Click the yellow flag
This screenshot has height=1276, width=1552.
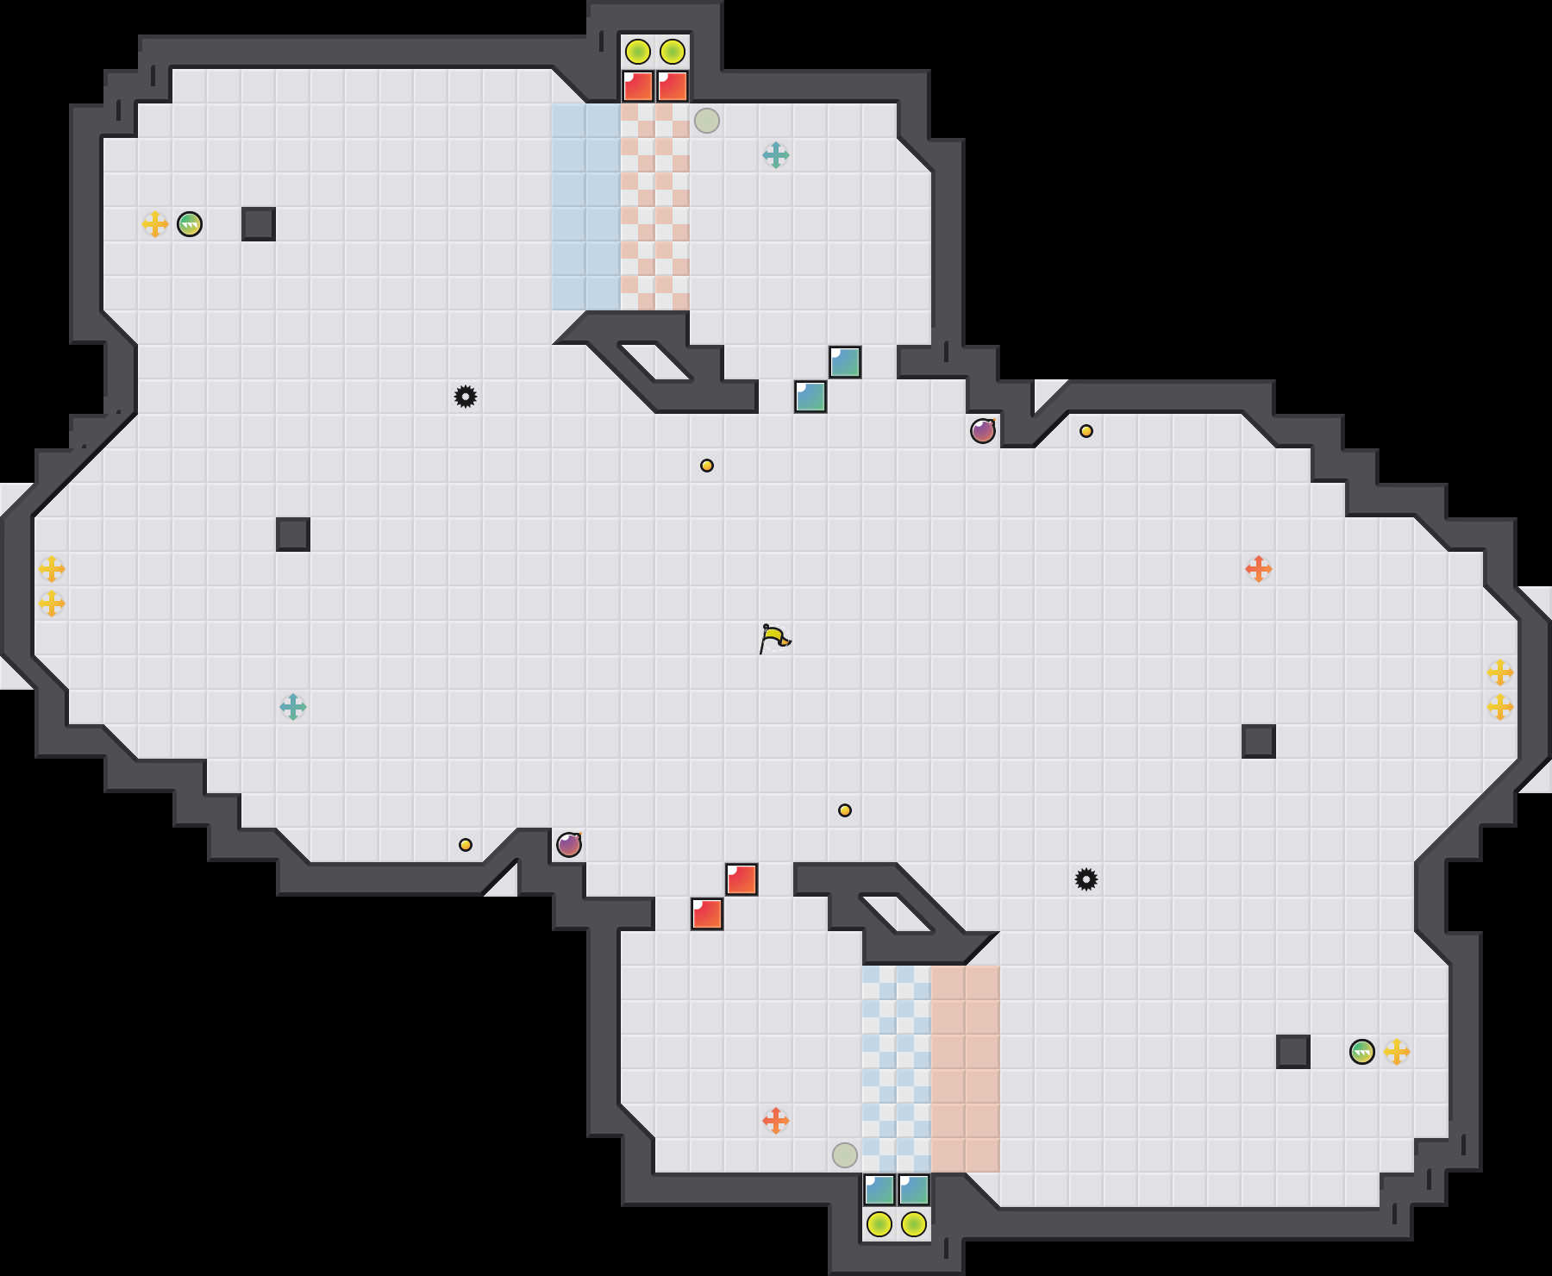coord(773,638)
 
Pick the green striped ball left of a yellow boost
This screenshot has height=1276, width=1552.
coord(1362,1052)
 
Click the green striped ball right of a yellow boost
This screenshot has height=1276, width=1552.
coord(190,224)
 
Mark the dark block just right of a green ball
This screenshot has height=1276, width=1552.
coord(259,224)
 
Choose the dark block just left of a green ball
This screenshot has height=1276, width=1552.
coord(1293,1052)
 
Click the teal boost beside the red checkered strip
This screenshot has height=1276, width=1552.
coord(776,155)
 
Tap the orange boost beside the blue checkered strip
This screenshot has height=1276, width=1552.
coord(776,1121)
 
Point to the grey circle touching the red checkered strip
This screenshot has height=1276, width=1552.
coord(707,121)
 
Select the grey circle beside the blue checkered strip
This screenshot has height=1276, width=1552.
coord(845,1155)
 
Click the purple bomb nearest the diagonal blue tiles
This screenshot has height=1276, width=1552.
coord(983,431)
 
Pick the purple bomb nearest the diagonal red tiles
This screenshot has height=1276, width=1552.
coord(569,845)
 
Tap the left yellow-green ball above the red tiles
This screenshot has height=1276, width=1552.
coord(638,52)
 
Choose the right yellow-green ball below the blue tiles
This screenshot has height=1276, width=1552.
coord(914,1224)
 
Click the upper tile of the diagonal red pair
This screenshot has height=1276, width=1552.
coord(742,879)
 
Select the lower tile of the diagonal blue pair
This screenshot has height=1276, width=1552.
coord(810,397)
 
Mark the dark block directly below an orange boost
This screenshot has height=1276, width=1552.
coord(1259,741)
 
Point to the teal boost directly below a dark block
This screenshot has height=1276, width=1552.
coord(293,707)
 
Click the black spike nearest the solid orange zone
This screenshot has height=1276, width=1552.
coord(1086,879)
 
